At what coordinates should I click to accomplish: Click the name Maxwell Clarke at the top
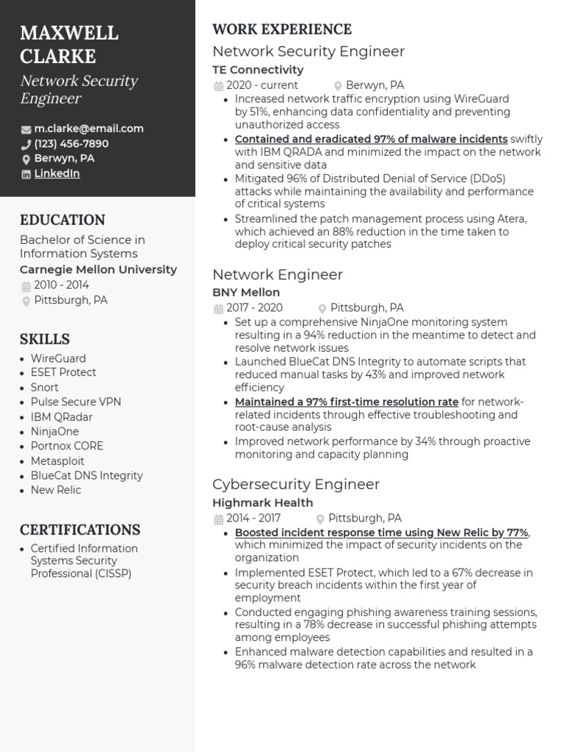[x=69, y=44]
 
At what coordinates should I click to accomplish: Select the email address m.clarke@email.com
[x=89, y=129]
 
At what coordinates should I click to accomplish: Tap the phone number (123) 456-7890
[x=71, y=144]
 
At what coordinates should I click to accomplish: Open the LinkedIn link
[x=57, y=174]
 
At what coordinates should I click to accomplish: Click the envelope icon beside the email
[x=26, y=129]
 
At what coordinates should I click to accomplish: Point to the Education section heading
[x=62, y=220]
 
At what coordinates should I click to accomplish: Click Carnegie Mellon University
[x=98, y=270]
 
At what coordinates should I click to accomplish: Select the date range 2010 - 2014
[x=62, y=285]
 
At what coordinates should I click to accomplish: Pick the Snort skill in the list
[x=45, y=387]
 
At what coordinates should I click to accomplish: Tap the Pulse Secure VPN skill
[x=76, y=402]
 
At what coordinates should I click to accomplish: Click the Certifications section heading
[x=80, y=529]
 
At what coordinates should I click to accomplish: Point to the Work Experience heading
[x=282, y=29]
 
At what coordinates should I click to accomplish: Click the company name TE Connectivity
[x=258, y=70]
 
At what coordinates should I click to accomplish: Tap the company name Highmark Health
[x=263, y=503]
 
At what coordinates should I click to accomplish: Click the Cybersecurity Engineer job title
[x=296, y=485]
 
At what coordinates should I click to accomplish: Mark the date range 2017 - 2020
[x=254, y=308]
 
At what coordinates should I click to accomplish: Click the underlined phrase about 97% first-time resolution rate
[x=347, y=402]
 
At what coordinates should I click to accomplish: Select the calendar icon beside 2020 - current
[x=218, y=86]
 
